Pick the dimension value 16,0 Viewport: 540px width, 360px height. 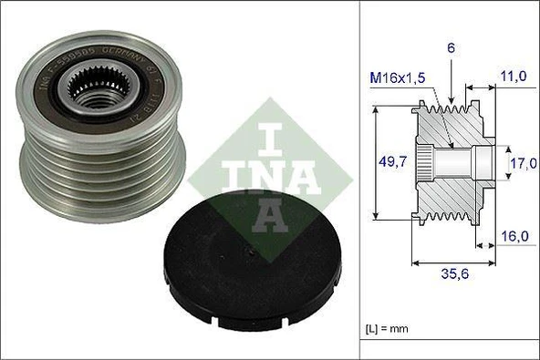(515, 235)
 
